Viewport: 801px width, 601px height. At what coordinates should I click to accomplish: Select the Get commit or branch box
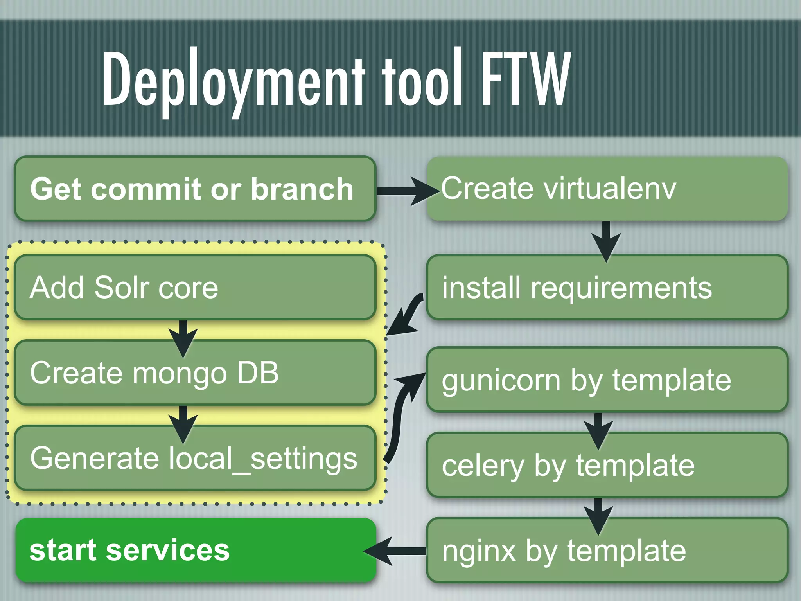[x=195, y=189]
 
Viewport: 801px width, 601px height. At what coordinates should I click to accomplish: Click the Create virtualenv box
[x=607, y=189]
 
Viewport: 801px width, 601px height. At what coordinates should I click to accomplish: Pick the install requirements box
[x=607, y=288]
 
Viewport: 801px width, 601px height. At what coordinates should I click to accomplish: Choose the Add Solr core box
[x=195, y=288]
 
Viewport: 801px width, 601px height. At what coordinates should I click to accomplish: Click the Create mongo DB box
[x=195, y=372]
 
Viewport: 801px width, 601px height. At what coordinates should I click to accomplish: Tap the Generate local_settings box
[x=195, y=458]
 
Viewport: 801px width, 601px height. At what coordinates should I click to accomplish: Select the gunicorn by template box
[x=607, y=380]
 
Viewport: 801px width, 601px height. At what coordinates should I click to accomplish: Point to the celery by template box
[x=607, y=465]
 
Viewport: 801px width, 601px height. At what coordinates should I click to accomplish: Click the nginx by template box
[x=607, y=551]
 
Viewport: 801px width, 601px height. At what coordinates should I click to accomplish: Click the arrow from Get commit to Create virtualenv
[x=407, y=191]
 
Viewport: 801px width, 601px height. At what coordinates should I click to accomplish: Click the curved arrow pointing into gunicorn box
[x=401, y=415]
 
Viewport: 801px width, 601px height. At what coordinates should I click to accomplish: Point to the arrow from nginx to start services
[x=395, y=551]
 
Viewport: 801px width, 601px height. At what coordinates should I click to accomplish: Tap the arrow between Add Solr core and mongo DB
[x=183, y=336]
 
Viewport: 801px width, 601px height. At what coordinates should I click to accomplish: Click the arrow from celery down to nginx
[x=598, y=515]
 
